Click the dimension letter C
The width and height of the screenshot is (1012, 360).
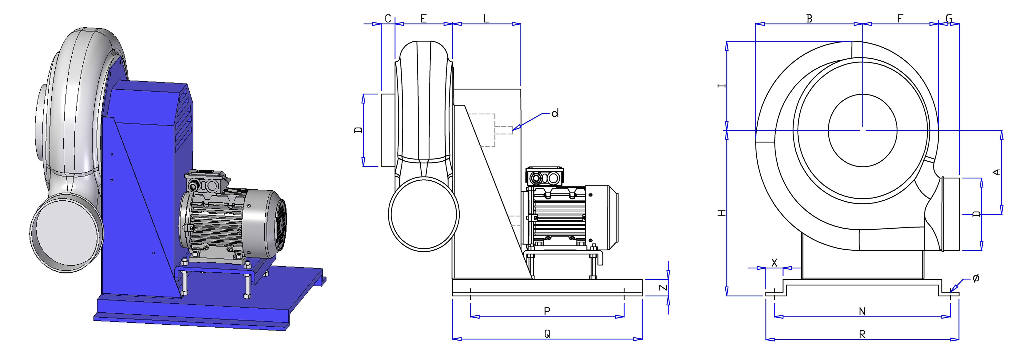click(388, 19)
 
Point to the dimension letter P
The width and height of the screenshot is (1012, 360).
click(547, 311)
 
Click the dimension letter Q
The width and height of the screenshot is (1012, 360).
click(547, 334)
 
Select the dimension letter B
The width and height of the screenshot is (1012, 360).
click(809, 19)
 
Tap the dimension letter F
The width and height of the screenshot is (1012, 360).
click(900, 19)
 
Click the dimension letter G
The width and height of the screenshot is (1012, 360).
click(949, 19)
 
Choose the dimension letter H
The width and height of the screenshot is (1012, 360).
click(722, 213)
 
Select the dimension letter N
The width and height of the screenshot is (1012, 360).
click(862, 312)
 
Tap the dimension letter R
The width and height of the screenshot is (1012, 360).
click(862, 334)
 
